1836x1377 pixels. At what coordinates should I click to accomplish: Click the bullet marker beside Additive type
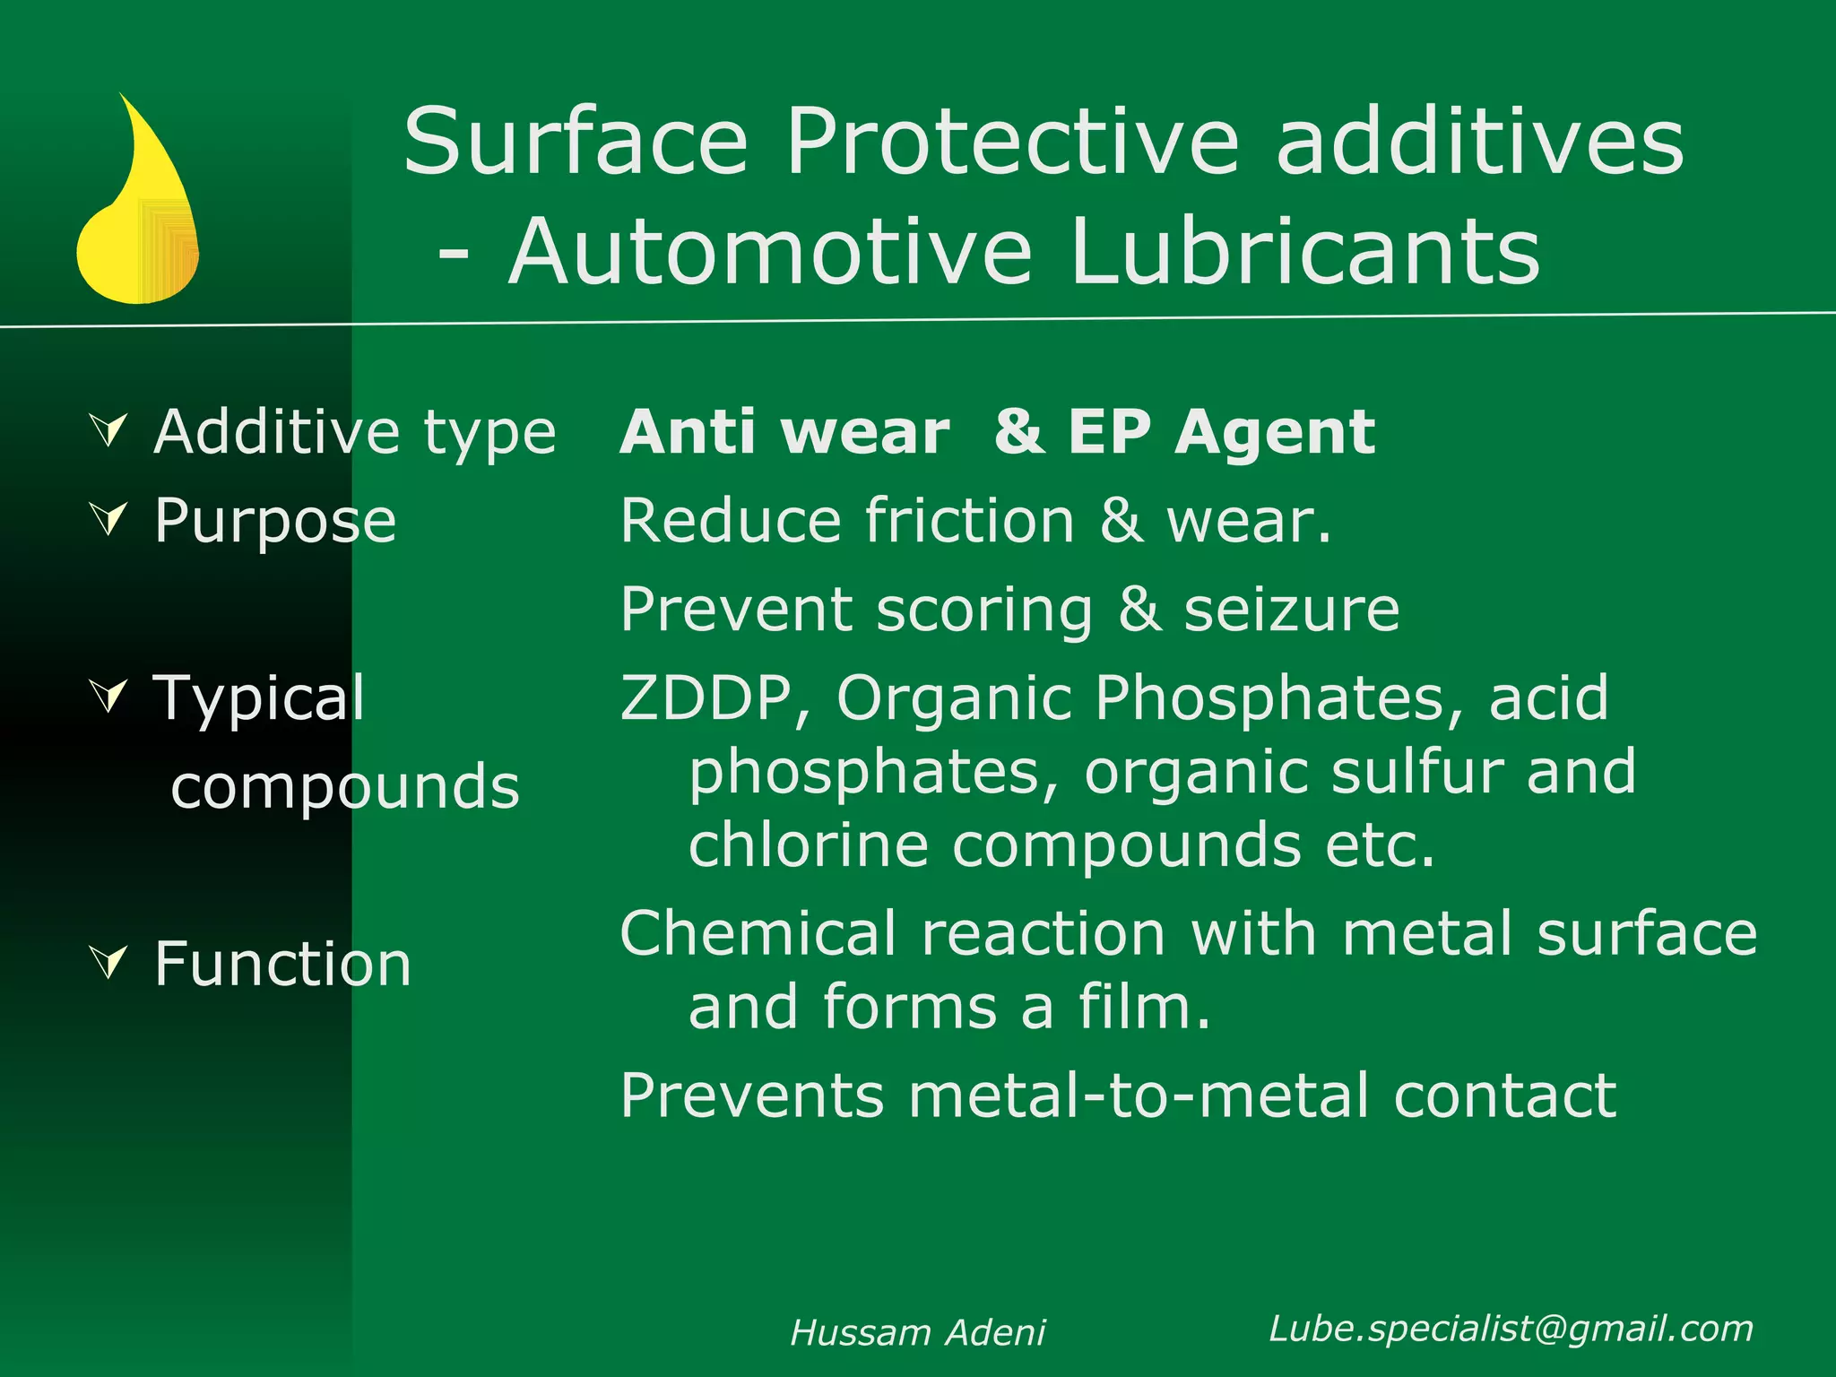coord(110,430)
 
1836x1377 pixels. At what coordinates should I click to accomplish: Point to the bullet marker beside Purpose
coord(110,519)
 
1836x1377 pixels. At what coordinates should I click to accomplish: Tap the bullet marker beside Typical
coord(110,696)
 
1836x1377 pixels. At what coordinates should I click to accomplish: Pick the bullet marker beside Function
coord(110,963)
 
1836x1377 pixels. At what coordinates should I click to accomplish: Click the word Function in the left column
coord(282,965)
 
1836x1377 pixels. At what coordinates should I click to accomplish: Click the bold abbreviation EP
coord(1109,432)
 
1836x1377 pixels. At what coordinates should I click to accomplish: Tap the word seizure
coord(1291,610)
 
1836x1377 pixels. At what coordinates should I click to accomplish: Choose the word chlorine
coord(808,845)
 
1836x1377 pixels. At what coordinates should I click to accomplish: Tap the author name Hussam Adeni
coord(917,1333)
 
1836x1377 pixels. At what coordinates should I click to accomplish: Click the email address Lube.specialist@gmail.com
coord(1511,1329)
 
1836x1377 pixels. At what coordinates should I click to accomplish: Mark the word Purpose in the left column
coord(274,522)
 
